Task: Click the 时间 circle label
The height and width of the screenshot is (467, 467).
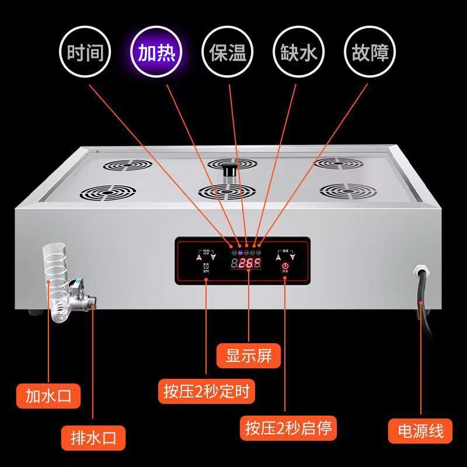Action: [86, 53]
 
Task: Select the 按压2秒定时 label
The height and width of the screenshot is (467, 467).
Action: [206, 391]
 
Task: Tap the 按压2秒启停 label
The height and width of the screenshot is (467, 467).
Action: [288, 428]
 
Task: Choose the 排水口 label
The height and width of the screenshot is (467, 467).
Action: [94, 436]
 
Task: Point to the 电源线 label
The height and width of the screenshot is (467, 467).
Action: [420, 431]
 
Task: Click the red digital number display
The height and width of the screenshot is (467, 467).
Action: [246, 263]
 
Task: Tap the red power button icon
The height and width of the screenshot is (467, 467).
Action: [285, 266]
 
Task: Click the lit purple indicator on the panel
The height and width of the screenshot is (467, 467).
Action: [239, 253]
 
